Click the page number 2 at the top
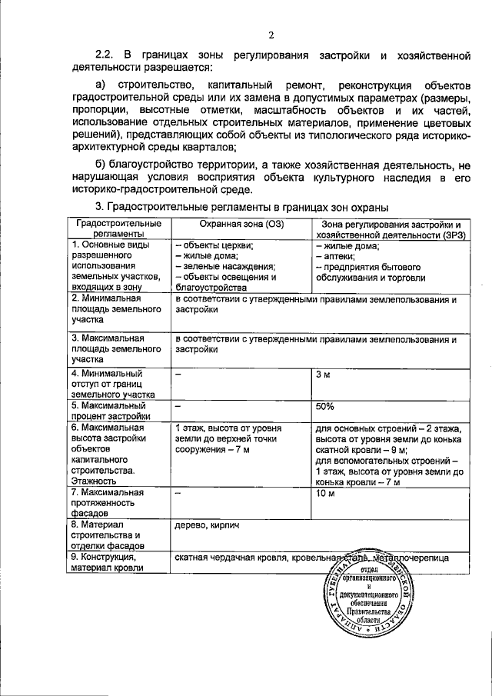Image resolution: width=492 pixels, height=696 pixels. point(271,34)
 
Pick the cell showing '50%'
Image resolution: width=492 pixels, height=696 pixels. point(324,406)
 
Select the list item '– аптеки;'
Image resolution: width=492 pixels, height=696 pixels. point(336,257)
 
